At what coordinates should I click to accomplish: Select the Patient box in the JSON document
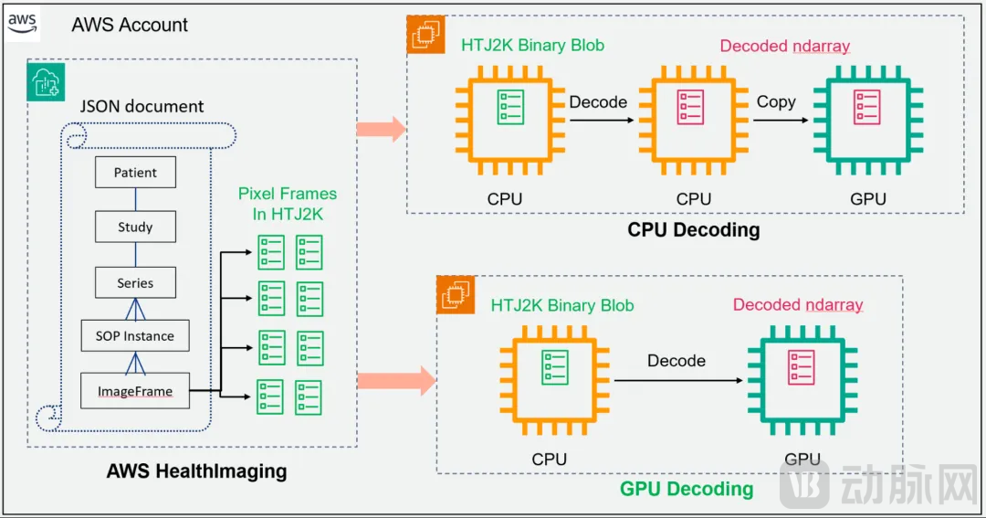coord(135,173)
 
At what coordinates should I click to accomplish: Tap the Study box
coord(135,227)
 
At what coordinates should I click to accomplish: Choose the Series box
coord(135,283)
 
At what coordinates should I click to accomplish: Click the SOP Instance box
coord(135,336)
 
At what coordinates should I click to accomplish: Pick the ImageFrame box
coord(135,392)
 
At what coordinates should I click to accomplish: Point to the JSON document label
coord(142,107)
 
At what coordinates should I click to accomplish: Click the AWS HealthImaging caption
coord(196,471)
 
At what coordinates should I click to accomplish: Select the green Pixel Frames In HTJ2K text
coord(287,204)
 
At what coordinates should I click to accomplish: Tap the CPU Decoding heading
coord(693,229)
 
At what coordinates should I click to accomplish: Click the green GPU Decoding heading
coord(687,489)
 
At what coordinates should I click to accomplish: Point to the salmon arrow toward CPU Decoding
coord(381,129)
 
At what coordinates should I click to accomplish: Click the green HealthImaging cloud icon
coord(45,83)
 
